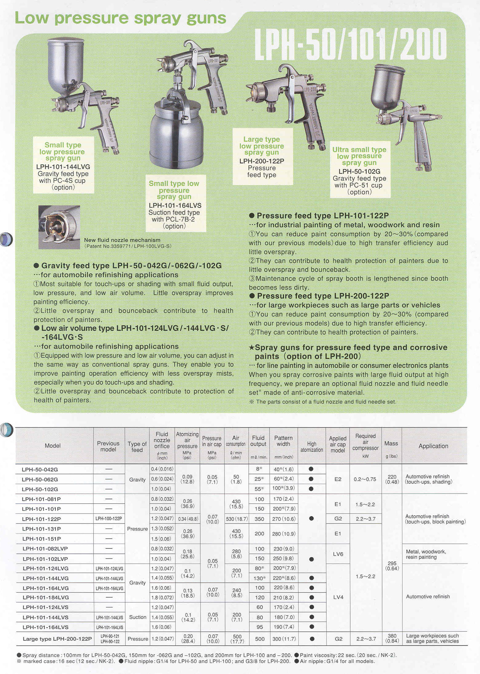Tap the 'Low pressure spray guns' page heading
point(120,18)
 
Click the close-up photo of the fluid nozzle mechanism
point(59,227)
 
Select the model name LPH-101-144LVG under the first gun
point(63,167)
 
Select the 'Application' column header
point(433,446)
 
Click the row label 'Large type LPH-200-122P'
point(57,639)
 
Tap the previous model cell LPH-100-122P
point(109,519)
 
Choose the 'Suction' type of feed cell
point(138,617)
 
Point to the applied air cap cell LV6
point(338,554)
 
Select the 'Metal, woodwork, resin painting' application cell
point(426,554)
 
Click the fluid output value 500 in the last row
point(259,639)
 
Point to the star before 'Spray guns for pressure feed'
point(252,347)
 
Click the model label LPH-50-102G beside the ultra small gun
point(359,172)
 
